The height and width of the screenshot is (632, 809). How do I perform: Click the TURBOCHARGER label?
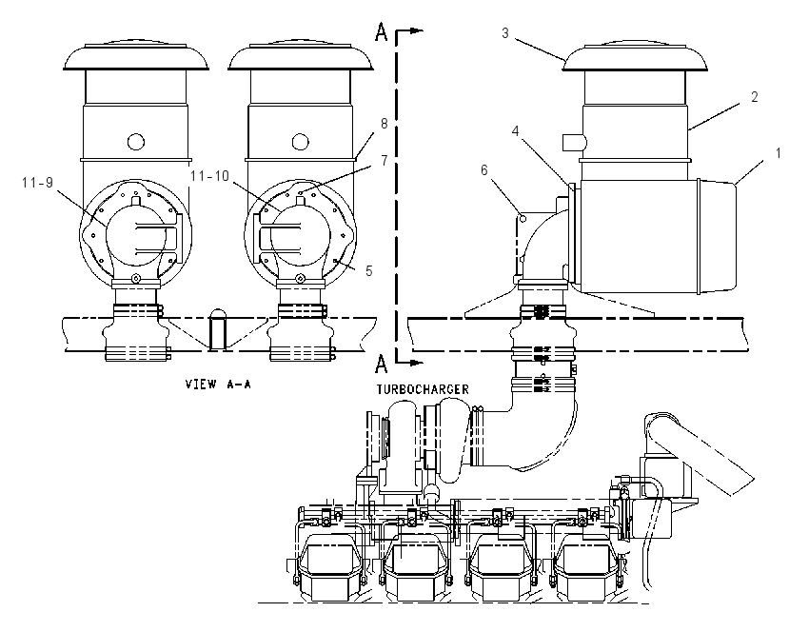coord(423,389)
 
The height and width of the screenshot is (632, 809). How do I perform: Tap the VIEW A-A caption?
coord(218,384)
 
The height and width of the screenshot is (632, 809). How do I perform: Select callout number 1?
coord(778,152)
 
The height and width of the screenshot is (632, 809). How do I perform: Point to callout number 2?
coord(755,96)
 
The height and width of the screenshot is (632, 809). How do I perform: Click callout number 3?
coord(505,33)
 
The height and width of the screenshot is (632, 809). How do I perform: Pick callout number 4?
coord(516,131)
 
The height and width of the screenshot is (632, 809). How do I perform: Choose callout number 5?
coord(368,271)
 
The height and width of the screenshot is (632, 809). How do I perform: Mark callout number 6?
coord(483,170)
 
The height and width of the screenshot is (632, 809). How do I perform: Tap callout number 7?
coord(384,161)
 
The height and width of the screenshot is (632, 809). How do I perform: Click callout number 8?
coord(384,124)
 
